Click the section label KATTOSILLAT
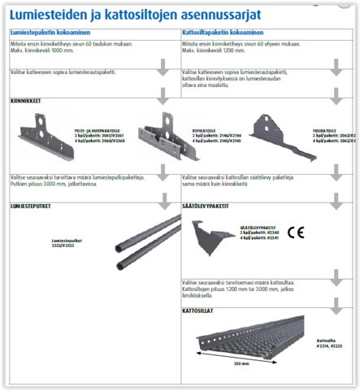point(200,310)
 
